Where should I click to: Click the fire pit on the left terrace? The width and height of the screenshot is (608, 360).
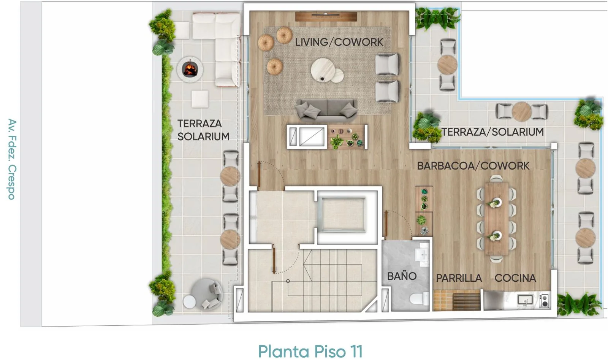coord(190,69)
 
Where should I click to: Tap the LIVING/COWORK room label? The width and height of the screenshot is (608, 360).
coord(339,42)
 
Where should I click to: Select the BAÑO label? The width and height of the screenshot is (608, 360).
coord(402,276)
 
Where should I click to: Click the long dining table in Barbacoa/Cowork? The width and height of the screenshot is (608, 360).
coord(496,219)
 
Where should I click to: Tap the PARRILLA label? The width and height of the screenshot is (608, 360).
coord(459,278)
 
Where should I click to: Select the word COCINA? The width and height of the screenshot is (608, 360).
coord(515,278)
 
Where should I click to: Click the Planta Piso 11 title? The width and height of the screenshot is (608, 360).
coord(310,352)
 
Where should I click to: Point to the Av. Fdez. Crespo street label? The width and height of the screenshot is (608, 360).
coord(12,159)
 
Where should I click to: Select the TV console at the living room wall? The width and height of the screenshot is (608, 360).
coord(326,16)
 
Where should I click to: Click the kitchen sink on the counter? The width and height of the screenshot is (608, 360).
coord(525,300)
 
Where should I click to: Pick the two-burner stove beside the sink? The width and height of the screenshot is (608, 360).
coord(544,301)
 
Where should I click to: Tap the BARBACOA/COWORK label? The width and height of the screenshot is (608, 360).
coord(473,166)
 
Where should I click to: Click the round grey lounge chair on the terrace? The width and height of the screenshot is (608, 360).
coord(207,294)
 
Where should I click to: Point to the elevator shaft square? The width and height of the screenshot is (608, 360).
coord(343,215)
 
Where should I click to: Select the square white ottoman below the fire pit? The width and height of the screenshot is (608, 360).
coord(200,99)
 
